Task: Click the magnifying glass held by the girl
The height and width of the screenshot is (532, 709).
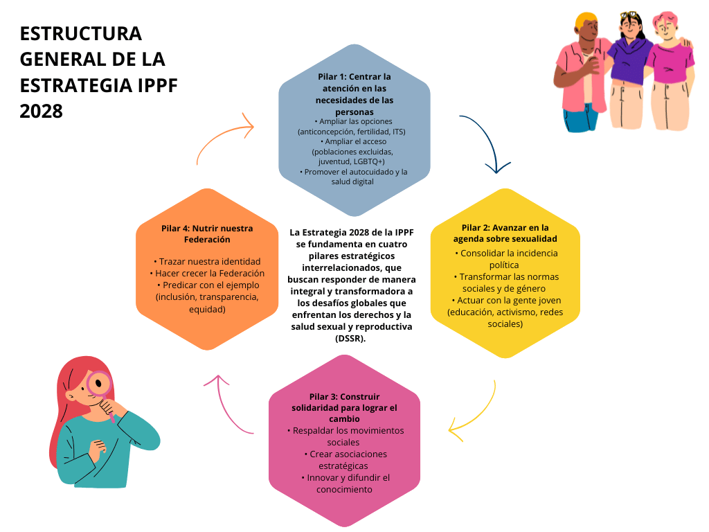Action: click(99, 383)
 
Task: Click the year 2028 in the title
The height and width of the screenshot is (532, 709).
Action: click(42, 110)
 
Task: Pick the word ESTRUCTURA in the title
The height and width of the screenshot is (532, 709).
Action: click(80, 33)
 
